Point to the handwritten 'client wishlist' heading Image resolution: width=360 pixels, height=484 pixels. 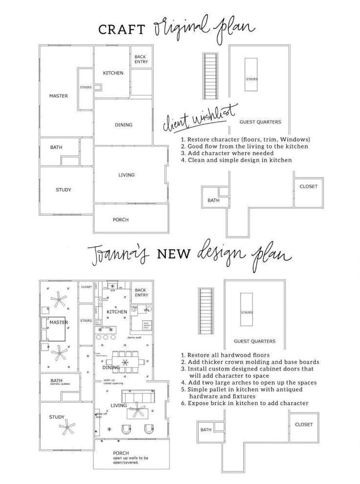tap(200, 117)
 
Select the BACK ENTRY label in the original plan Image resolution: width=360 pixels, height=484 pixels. tap(141, 60)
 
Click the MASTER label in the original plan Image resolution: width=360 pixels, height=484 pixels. tap(59, 96)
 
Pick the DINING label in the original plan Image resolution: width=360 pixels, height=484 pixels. tap(124, 125)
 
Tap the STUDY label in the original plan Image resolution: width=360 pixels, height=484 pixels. tap(64, 190)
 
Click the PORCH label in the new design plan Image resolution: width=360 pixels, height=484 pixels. tap(121, 453)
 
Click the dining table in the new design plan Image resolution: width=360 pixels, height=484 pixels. tap(126, 363)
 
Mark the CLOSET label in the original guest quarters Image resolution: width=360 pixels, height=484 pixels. tap(308, 186)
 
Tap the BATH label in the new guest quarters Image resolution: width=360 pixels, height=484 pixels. tap(206, 430)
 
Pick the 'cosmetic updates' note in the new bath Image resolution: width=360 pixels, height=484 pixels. tap(61, 384)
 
